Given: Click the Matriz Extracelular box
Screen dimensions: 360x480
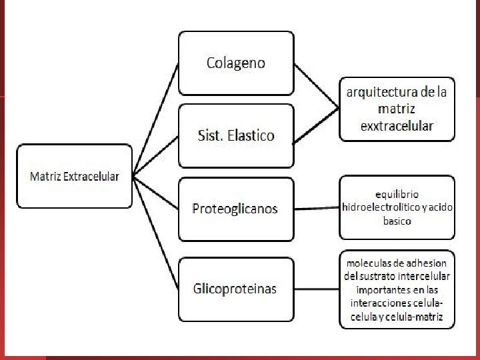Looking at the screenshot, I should pos(74,176).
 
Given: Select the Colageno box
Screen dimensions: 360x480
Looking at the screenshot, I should pos(235,63).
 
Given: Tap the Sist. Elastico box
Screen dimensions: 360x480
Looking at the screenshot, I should pos(235,135).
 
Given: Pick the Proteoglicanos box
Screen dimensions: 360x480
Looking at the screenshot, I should pos(235,208).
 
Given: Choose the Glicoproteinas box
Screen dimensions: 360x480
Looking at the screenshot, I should pos(235,288).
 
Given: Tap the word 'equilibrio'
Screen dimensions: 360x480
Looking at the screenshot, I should pos(397,194).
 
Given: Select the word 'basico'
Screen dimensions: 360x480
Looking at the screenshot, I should pos(397,221).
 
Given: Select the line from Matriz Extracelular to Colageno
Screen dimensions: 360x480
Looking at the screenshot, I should pos(155,120).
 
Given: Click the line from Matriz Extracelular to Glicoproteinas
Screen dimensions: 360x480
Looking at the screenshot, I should pos(155,233).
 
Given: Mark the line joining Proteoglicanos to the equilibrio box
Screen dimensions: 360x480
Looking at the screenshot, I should pos(317,209).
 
